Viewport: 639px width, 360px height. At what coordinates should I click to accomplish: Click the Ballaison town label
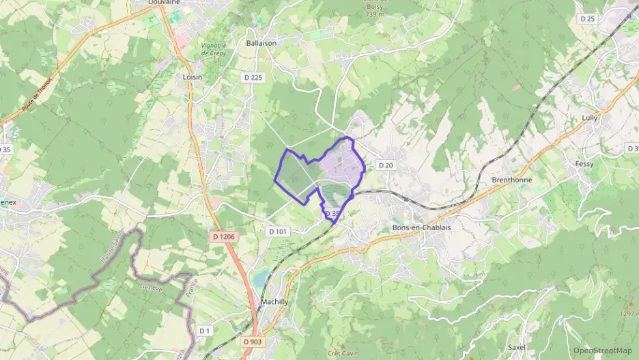point(261,42)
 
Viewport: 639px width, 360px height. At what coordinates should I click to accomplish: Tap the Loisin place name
point(193,77)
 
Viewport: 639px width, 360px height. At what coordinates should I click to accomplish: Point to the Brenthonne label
point(511,180)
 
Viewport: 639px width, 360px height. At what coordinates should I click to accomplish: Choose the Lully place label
point(589,117)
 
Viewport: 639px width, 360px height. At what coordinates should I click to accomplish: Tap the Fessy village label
point(584,164)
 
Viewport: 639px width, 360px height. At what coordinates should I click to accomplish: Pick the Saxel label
point(517,347)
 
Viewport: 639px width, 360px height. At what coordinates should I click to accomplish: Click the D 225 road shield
point(253,78)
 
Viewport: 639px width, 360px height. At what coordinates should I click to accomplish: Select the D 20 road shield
point(386,165)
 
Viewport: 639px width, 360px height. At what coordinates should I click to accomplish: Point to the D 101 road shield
point(279,232)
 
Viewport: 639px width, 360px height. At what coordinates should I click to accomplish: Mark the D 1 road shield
point(204,331)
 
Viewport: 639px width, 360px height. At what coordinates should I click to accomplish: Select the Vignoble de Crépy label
point(214,49)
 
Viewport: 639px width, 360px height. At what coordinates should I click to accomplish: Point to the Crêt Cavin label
point(342,353)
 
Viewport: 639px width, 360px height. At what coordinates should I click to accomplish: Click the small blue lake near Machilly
point(260,277)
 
